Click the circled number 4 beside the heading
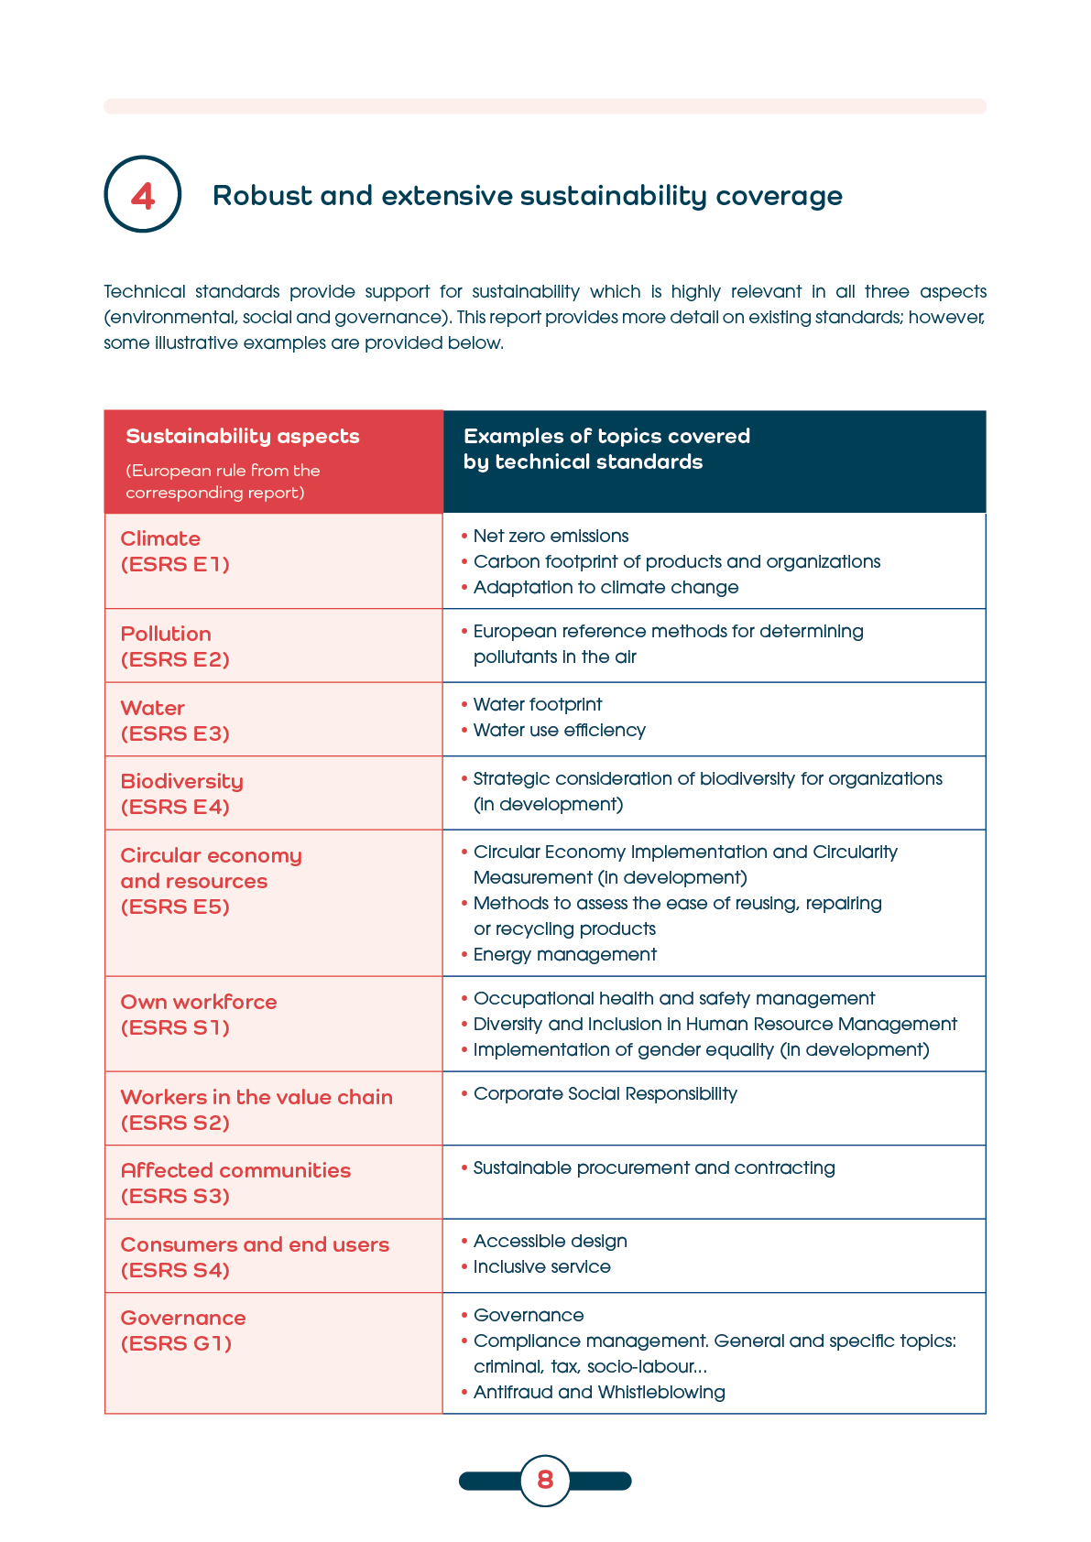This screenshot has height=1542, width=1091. click(x=143, y=195)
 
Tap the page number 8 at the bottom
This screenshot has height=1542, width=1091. click(x=545, y=1480)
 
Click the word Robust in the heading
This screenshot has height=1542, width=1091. click(x=261, y=196)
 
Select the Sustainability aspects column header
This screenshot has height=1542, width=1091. click(x=243, y=437)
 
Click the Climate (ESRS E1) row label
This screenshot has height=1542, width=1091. click(x=174, y=551)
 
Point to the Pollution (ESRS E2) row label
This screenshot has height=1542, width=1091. click(x=174, y=646)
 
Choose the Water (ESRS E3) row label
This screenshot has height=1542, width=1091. click(x=174, y=721)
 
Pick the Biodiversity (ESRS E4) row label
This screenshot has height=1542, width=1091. click(x=181, y=794)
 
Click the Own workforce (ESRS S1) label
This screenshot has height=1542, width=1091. click(x=198, y=1015)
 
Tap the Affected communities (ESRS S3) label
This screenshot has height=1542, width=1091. click(x=235, y=1183)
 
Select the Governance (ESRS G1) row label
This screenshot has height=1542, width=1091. click(x=183, y=1330)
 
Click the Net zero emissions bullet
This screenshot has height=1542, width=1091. click(x=551, y=537)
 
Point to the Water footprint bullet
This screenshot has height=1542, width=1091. click(x=538, y=705)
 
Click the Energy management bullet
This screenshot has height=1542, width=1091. click(x=564, y=955)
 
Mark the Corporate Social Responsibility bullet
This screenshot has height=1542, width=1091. click(x=605, y=1094)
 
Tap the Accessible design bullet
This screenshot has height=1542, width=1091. click(x=550, y=1242)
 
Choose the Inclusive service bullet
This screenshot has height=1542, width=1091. click(x=541, y=1267)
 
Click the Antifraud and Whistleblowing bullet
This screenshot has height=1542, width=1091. click(x=599, y=1393)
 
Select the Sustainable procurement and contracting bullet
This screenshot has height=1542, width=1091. click(x=654, y=1168)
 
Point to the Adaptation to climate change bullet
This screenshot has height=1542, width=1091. click(x=606, y=588)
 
